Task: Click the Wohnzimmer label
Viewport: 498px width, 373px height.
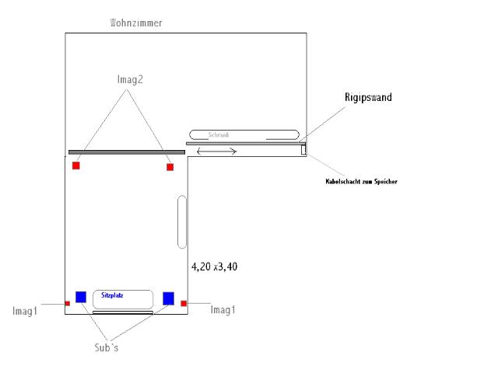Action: coord(136,23)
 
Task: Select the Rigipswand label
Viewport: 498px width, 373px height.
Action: coord(368,98)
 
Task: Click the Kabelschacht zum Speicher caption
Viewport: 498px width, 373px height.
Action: coord(361,182)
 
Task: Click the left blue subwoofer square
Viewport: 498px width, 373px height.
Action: coord(81,296)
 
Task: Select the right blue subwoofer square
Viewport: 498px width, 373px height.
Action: coord(168,297)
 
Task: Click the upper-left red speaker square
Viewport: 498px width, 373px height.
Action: coord(76,166)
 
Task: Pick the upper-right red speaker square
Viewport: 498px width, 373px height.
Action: coord(170,166)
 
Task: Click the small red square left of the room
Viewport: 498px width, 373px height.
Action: coord(67,303)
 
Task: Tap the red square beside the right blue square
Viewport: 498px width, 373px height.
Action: coord(184,302)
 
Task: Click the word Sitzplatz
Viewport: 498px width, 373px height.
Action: coord(113,295)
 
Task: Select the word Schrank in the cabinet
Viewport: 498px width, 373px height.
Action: coord(219,134)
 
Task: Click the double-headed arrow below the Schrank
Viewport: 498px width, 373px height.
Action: coord(217,151)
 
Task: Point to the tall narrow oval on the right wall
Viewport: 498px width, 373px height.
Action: coord(182,222)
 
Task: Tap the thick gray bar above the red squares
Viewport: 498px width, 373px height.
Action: coord(127,152)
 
